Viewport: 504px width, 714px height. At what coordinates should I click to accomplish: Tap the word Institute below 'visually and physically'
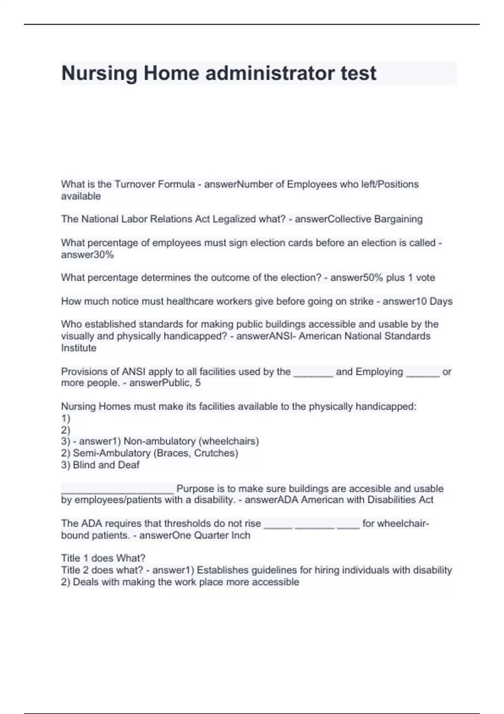pos(79,348)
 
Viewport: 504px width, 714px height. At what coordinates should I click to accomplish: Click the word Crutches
pos(215,453)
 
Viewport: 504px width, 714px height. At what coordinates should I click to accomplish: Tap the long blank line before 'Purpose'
pos(117,490)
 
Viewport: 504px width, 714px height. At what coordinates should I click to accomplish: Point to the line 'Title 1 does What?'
pos(103,559)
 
